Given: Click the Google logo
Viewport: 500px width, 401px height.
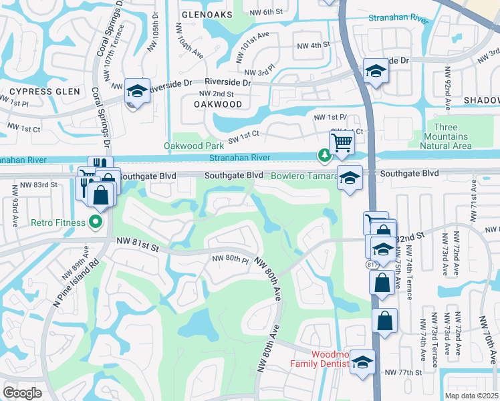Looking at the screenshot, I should click(22, 393).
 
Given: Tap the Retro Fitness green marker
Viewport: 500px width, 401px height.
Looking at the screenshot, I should click(96, 222).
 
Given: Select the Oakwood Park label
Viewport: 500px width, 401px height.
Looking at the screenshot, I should click(195, 146).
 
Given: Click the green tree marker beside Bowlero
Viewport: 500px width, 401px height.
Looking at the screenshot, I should click(324, 156).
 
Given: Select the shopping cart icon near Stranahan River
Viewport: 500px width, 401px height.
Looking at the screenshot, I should click(342, 142).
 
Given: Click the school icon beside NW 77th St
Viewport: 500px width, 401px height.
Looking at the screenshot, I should click(362, 363).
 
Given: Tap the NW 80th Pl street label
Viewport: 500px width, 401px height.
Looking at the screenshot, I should click(230, 259).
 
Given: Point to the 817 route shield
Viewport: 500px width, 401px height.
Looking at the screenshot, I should click(370, 265).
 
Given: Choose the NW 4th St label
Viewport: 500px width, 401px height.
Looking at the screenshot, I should click(314, 45).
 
